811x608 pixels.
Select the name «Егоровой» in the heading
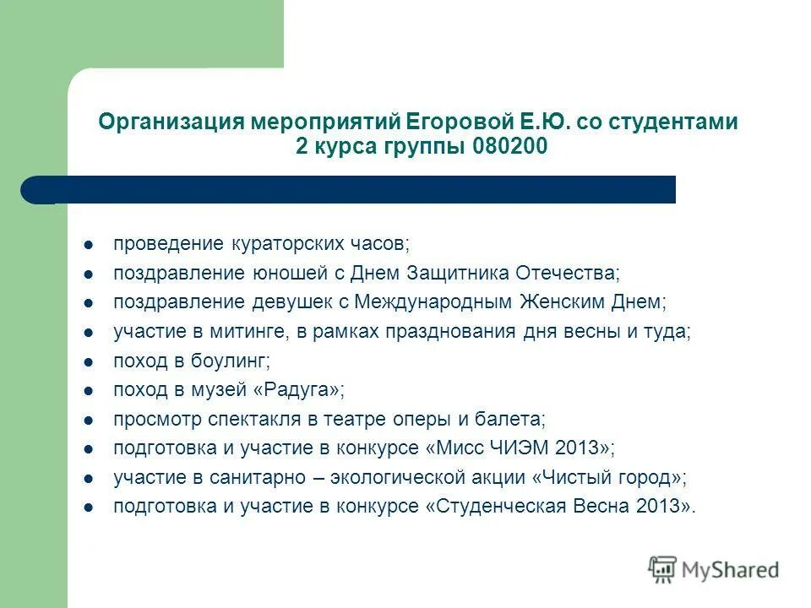point(430,122)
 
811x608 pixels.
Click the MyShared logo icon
point(663,569)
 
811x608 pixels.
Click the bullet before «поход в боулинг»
point(89,361)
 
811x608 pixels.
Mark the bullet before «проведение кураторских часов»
point(89,245)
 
